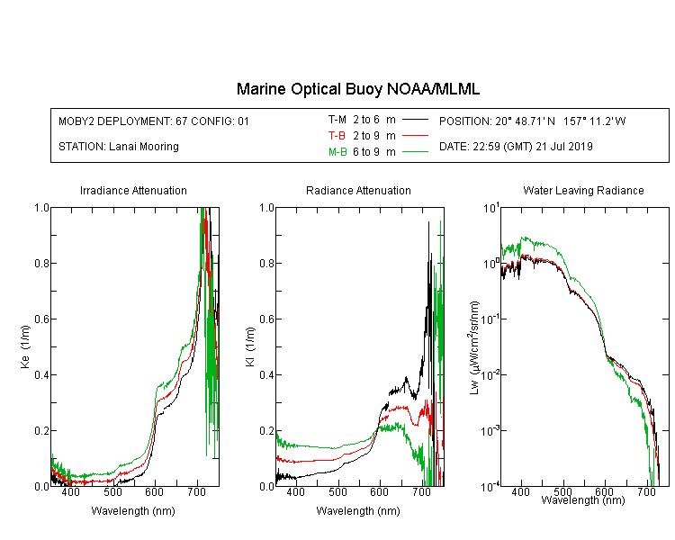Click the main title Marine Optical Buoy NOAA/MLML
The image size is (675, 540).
(358, 89)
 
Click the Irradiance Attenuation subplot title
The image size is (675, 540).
(133, 191)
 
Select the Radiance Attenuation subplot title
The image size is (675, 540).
(358, 191)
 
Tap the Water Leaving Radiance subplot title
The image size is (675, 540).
(583, 191)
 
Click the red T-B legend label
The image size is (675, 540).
(337, 136)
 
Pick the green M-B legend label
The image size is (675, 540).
(337, 152)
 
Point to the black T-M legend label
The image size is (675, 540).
(337, 120)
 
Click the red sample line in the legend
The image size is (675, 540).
(415, 136)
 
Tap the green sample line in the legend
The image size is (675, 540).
(415, 151)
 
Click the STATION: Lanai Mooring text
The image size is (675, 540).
(119, 147)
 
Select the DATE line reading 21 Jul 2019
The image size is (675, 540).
(516, 147)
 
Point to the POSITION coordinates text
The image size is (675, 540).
(533, 121)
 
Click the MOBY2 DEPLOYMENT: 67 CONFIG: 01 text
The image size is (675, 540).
(154, 121)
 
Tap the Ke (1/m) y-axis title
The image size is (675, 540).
(25, 346)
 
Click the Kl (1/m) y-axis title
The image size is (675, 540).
(250, 346)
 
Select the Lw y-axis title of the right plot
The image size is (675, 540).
(474, 347)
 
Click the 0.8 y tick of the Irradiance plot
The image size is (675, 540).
(41, 263)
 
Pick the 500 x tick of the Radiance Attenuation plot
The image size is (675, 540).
(337, 492)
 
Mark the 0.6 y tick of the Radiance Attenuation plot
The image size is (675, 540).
(267, 319)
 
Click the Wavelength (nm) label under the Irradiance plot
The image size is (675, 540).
(133, 511)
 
